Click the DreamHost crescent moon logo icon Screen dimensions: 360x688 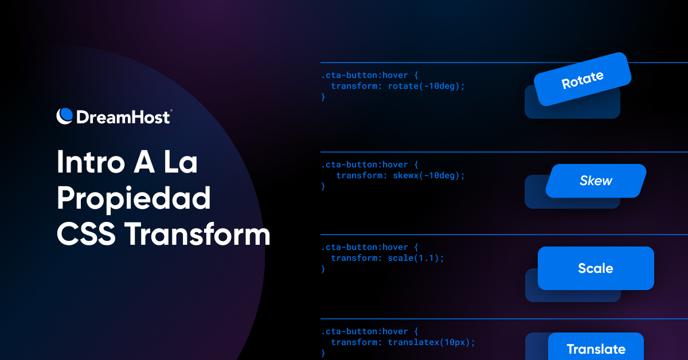65,116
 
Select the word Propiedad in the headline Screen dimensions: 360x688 134,198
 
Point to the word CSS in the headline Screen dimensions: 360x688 85,234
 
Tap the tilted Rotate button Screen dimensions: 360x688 583,79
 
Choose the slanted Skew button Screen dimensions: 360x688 596,181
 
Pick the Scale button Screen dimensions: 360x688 596,268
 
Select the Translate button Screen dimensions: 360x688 596,348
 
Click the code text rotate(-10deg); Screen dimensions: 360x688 426,86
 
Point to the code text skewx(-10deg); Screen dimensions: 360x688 428,175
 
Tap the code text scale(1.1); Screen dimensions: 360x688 416,258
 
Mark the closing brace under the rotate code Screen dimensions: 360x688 323,97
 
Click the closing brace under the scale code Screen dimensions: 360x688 323,269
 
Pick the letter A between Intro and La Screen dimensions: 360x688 133,163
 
